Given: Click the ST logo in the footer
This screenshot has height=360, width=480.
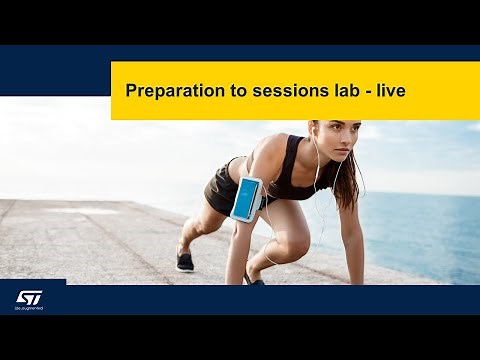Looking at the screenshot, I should pos(28,297).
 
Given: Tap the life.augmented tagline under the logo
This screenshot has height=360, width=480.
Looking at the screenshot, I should pos(28,308).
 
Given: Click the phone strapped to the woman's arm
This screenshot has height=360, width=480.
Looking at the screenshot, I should pos(245,198).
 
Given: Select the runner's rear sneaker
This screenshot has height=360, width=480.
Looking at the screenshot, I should pos(185,262).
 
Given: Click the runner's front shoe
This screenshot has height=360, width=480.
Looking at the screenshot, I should pos(254,280).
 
